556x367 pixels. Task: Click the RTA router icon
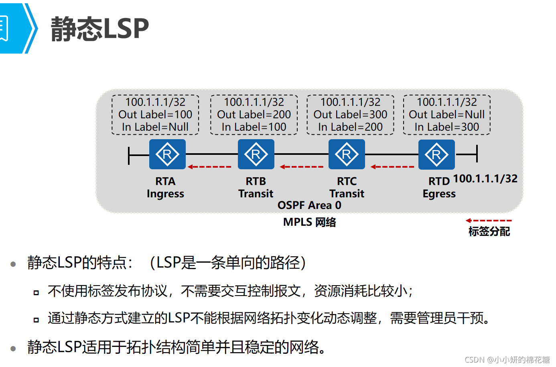pos(167,154)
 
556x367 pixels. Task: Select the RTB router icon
pos(256,154)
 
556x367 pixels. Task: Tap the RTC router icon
pos(347,154)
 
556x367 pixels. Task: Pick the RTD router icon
pos(436,154)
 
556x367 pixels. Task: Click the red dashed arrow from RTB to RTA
pos(209,167)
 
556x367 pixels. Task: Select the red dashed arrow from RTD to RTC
pos(392,167)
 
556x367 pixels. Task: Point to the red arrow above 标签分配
pos(489,220)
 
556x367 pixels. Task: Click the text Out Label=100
pos(155,114)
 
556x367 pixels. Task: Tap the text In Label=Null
pos(155,127)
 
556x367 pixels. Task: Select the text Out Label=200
pos(254,114)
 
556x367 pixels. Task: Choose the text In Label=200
pos(350,127)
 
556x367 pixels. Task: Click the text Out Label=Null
pos(446,114)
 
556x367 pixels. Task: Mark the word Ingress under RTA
pos(165,194)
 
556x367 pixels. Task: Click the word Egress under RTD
pos(439,194)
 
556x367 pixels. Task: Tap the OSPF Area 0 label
pos(309,205)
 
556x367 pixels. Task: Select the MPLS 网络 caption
pos(310,222)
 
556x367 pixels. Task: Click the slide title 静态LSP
pos(100,28)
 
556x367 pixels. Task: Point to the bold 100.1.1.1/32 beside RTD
pos(485,178)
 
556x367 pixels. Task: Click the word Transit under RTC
pos(347,194)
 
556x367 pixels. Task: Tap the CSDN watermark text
pos(507,359)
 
